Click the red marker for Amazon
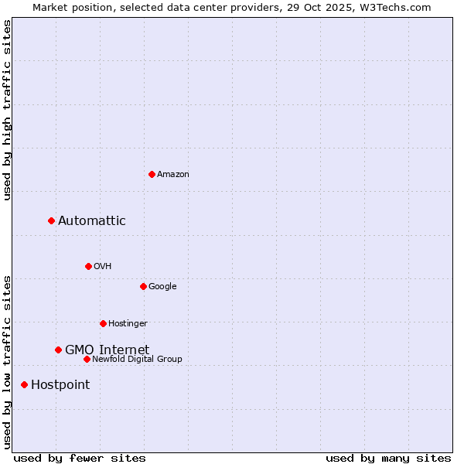coord(152,174)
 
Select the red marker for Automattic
coord(52,220)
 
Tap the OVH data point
coord(88,266)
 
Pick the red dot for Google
coord(143,286)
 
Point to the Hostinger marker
coord(103,323)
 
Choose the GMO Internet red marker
coord(58,350)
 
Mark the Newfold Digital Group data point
coord(87,359)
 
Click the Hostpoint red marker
coord(24,384)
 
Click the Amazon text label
coord(173,175)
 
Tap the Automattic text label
coord(92,221)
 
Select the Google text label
coord(162,287)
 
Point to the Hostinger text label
coord(128,324)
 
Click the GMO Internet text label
coord(107,350)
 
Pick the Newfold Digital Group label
coord(137,360)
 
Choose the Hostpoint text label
coord(60,385)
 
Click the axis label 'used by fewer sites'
coord(80,458)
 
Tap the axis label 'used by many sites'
coord(388,458)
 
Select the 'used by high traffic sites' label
coord(8,111)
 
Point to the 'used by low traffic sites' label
coord(8,361)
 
